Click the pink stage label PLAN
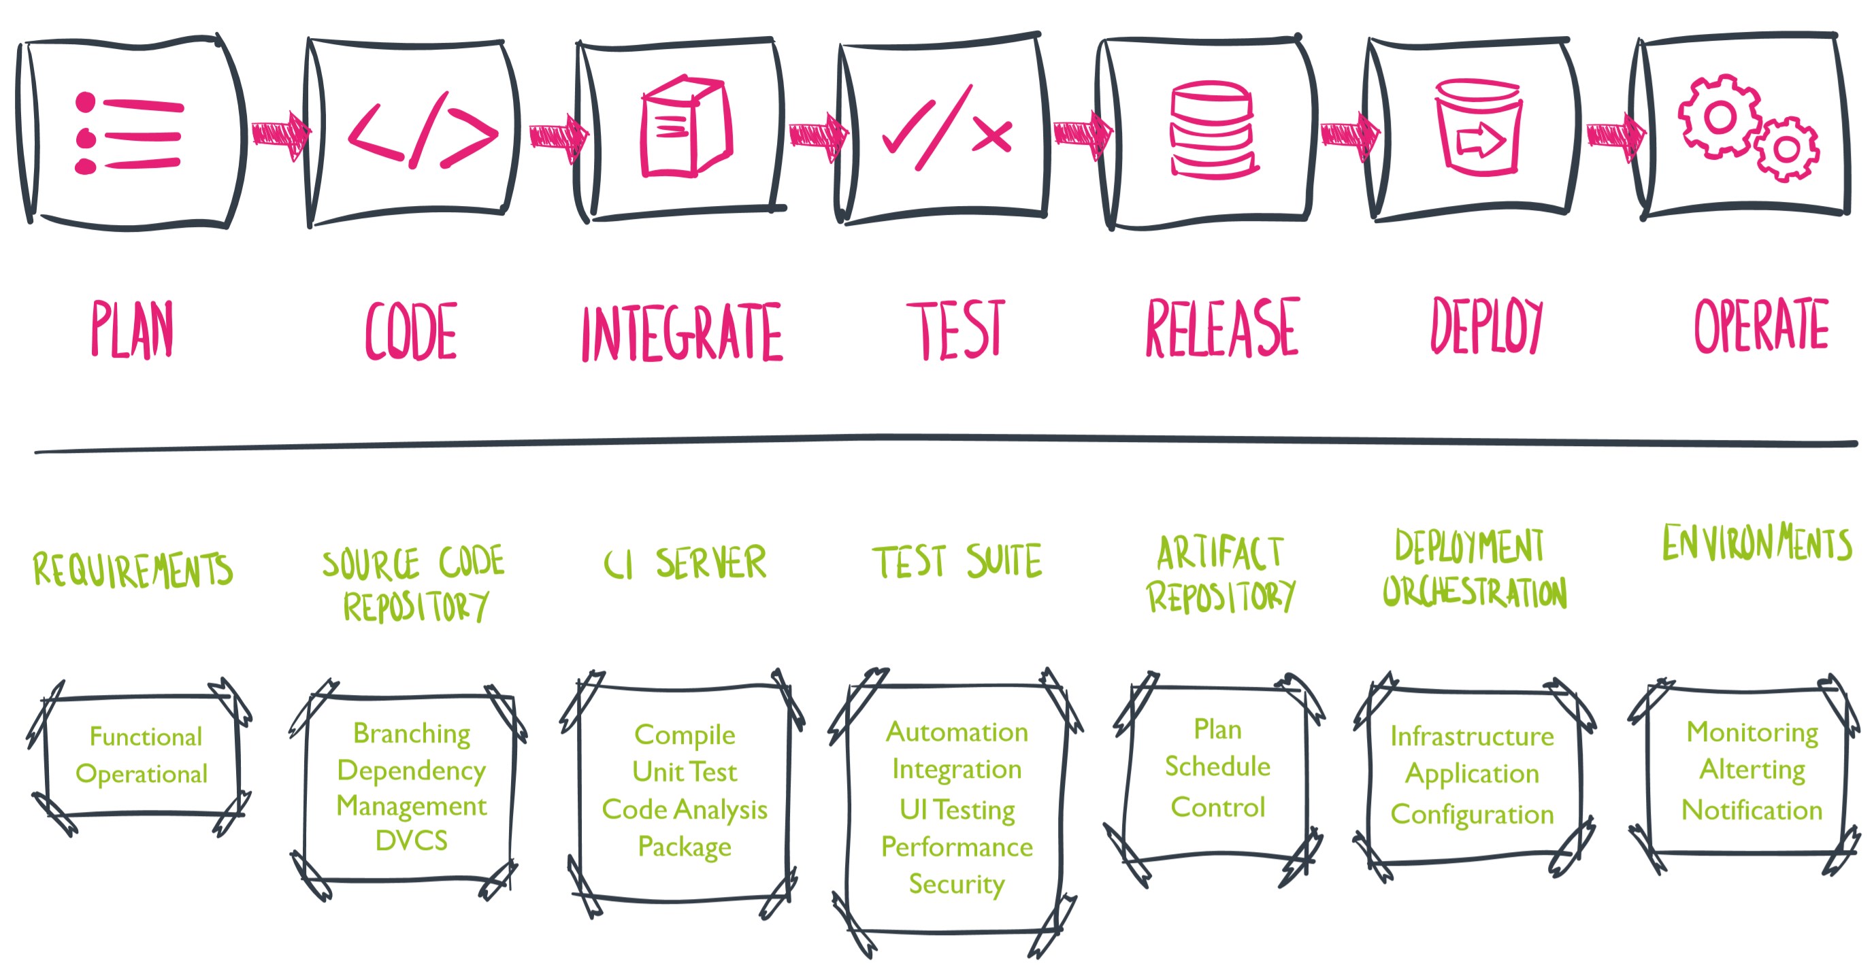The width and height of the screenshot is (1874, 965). pyautogui.click(x=133, y=329)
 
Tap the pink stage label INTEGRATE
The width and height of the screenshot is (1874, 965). pyautogui.click(x=682, y=333)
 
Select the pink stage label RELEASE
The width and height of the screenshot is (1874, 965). pyautogui.click(x=1222, y=328)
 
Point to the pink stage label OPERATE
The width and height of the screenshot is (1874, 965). pyautogui.click(x=1760, y=326)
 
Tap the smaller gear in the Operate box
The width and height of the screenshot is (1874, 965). pyautogui.click(x=1787, y=150)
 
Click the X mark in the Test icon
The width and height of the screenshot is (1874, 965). pyautogui.click(x=991, y=135)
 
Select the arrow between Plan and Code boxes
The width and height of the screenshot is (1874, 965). pyautogui.click(x=281, y=135)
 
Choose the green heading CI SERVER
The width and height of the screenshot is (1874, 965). pyautogui.click(x=685, y=563)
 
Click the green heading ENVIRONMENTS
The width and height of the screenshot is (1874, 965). pyautogui.click(x=1757, y=543)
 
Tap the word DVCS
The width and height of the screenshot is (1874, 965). pyautogui.click(x=412, y=841)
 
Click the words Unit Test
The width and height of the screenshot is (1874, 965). pyautogui.click(x=685, y=772)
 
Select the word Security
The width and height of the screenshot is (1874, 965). pyautogui.click(x=957, y=884)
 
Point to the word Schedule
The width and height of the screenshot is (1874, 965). pyautogui.click(x=1217, y=766)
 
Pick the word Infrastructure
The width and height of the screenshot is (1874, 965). pyautogui.click(x=1472, y=737)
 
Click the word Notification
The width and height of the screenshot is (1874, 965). pyautogui.click(x=1752, y=810)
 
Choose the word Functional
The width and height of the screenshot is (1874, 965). pyautogui.click(x=146, y=737)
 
